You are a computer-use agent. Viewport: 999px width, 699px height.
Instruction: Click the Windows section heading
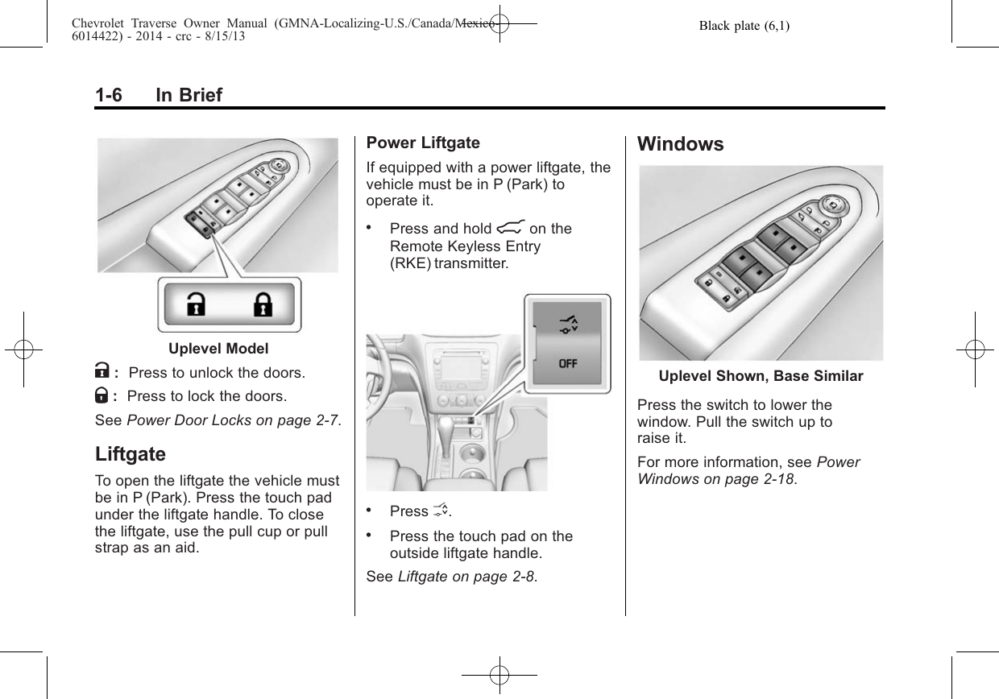(x=680, y=145)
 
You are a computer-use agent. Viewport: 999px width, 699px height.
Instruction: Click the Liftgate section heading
(x=130, y=454)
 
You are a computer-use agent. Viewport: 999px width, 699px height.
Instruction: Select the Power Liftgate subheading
(x=422, y=143)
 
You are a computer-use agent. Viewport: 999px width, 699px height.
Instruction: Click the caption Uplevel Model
(x=218, y=349)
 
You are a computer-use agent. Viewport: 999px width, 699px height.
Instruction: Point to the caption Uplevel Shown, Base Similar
(x=761, y=376)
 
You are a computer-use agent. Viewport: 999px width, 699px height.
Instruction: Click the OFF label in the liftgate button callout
(x=568, y=363)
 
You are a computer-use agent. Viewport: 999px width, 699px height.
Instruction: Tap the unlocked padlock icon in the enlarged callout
(x=195, y=305)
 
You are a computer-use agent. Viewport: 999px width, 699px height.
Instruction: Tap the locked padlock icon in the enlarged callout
(x=263, y=305)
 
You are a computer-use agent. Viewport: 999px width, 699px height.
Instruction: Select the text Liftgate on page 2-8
(x=466, y=577)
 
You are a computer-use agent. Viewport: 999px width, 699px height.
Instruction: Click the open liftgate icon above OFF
(x=568, y=325)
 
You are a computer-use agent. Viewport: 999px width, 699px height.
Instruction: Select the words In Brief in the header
(x=189, y=96)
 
